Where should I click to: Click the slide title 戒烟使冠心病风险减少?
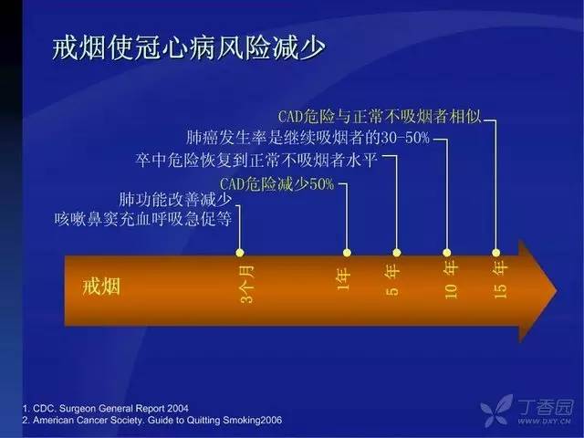189,48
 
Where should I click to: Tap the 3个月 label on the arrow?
248,284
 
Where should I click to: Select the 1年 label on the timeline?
343,279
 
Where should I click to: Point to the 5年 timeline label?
392,279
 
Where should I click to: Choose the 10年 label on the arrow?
451,279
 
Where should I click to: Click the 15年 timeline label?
500,279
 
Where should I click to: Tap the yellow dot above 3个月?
240,253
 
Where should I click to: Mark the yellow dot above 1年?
347,253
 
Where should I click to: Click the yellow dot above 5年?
397,253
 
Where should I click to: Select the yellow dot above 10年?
447,253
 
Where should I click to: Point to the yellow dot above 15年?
495,253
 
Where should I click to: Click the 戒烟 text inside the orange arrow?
101,287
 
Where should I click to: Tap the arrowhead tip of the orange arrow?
558,291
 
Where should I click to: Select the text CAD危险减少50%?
277,184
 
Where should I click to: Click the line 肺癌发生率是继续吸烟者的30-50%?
308,138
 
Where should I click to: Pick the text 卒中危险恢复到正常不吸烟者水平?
256,161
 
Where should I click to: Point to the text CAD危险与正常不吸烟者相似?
380,117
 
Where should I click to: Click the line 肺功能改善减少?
175,199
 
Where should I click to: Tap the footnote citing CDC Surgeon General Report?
106,408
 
